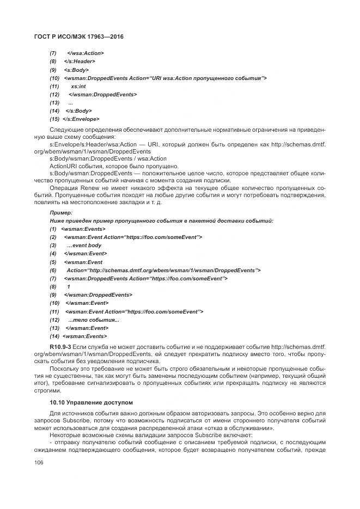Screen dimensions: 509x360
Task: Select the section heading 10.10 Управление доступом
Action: coord(91,402)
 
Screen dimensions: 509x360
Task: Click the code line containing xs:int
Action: coord(78,86)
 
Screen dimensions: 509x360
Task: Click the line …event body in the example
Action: coord(84,246)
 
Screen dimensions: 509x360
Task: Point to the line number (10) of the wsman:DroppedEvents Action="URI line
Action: coord(54,78)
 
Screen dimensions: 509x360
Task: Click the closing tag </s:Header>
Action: coord(80,62)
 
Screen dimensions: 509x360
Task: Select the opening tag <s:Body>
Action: coord(76,70)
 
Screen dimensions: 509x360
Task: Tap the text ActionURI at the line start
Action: coord(62,165)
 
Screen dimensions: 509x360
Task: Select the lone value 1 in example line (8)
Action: coord(69,286)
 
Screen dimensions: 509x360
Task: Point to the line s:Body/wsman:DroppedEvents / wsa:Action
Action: coord(108,158)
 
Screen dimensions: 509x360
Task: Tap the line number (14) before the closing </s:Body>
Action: coord(54,111)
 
